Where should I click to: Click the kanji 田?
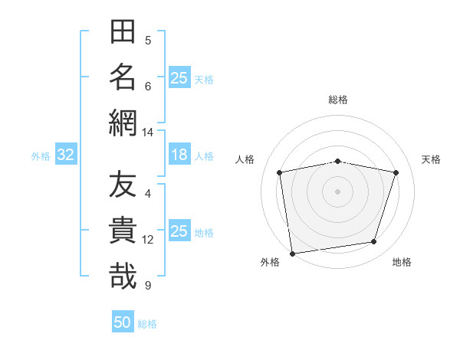123,31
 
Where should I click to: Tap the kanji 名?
123,77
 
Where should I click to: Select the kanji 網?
123,123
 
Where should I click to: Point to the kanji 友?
123,184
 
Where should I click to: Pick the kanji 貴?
123,230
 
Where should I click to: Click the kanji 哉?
123,276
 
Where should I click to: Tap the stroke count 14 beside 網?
147,133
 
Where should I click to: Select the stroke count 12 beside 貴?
147,240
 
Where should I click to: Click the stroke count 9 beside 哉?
148,286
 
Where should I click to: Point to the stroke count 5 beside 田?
148,41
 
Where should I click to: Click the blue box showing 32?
66,154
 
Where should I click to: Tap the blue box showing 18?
179,154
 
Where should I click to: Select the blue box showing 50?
123,321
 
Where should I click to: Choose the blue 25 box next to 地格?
179,230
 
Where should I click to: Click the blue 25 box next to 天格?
179,77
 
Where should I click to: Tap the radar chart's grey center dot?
337,191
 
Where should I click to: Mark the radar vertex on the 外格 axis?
293,254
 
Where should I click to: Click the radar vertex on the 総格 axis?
337,162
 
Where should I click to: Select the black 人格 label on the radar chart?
245,159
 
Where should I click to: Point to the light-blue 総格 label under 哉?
147,324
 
